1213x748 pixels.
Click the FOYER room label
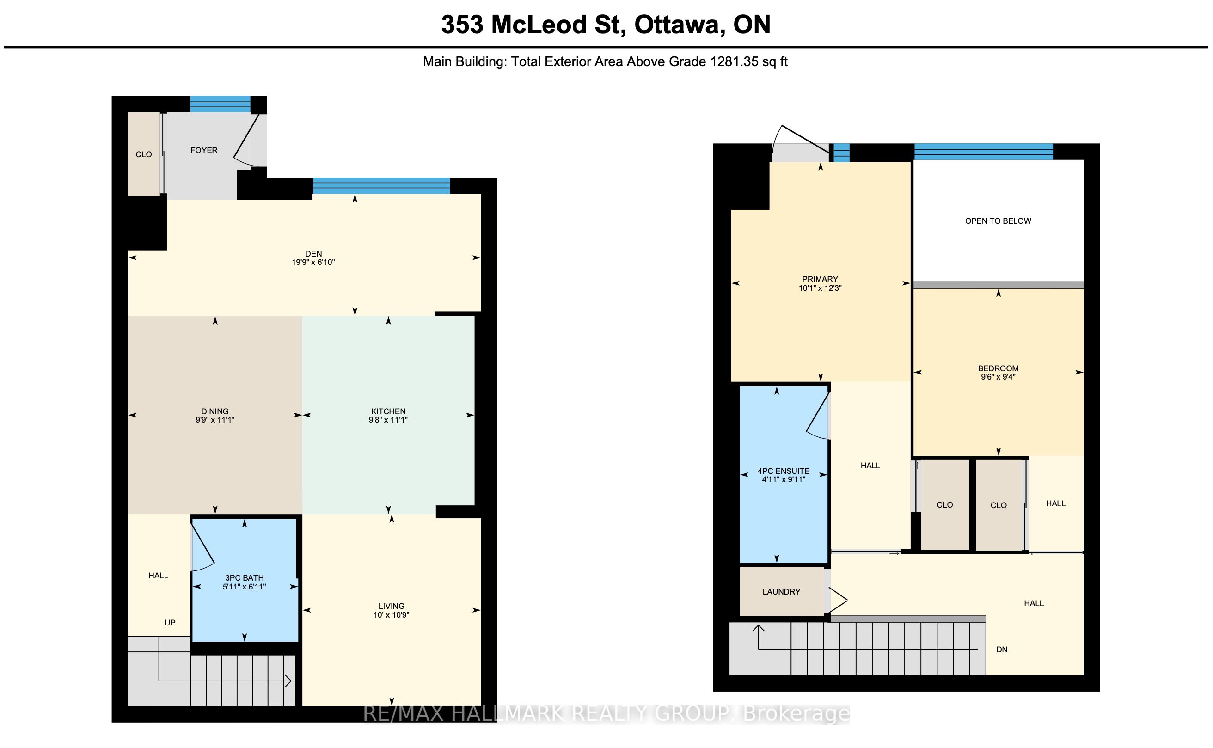pos(204,150)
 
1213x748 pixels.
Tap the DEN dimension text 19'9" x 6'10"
pos(313,262)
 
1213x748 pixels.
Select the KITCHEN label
pos(388,411)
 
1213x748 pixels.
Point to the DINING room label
pos(214,411)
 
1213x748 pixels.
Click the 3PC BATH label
pos(245,578)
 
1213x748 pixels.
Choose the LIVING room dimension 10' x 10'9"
pos(391,615)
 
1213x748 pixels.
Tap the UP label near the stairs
pos(170,622)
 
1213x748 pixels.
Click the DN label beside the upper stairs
pos(1002,650)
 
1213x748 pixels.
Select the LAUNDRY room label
pos(781,592)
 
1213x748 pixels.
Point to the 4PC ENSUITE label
pos(784,471)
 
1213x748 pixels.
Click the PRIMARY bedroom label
pos(820,279)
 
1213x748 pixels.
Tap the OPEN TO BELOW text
pos(999,221)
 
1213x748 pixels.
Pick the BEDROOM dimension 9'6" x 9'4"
pos(999,377)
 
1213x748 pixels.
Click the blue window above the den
pos(381,185)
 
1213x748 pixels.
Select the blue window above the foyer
pos(220,104)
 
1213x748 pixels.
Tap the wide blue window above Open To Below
pos(983,151)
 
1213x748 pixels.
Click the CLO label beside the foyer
pos(143,154)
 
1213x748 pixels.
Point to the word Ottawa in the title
pos(680,25)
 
